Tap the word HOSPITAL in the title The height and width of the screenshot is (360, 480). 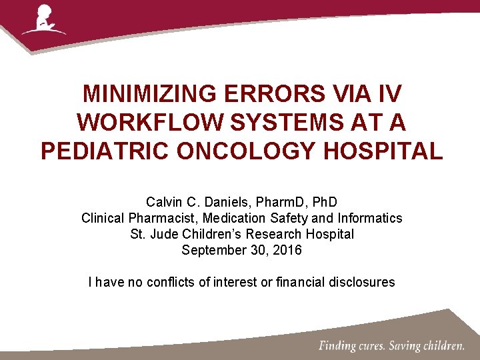383,151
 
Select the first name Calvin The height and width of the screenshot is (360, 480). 163,201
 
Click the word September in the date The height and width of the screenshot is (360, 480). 211,251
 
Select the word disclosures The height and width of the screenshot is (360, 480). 361,282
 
